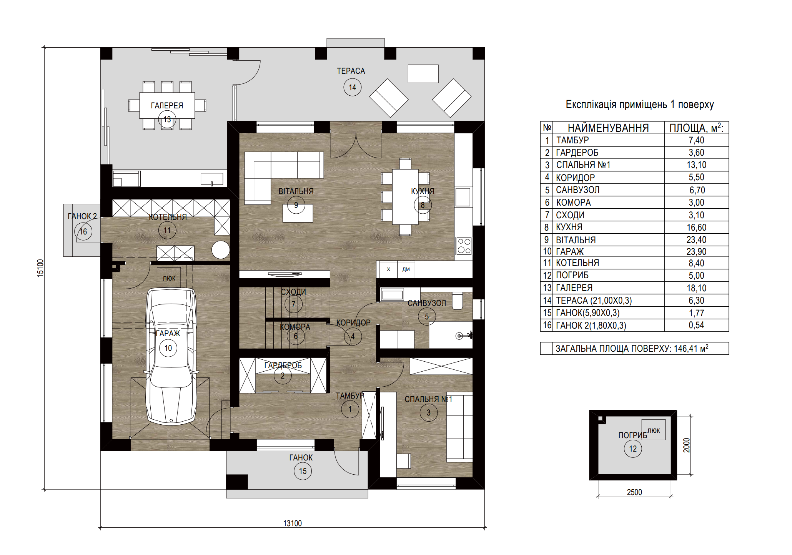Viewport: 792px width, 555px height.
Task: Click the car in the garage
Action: pos(171,356)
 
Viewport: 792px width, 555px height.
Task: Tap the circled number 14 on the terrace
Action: pos(352,87)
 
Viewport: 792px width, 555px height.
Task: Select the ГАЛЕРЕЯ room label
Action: pos(167,105)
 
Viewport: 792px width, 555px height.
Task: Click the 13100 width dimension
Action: pos(293,523)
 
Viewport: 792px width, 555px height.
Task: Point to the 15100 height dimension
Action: pos(40,268)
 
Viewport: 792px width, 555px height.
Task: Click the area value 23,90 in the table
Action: pos(696,252)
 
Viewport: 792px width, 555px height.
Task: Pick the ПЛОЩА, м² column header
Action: pos(696,128)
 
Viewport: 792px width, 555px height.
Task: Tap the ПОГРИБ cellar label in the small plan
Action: pos(632,435)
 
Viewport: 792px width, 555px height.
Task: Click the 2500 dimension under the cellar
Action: pos(634,492)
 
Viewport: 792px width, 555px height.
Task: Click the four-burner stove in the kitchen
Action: pos(464,246)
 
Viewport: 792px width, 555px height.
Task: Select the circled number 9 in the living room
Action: pos(296,205)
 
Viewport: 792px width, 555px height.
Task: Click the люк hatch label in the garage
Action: pos(169,278)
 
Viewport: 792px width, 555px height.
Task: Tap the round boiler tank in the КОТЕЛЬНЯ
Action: pos(221,249)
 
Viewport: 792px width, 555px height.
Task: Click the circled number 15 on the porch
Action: pos(303,471)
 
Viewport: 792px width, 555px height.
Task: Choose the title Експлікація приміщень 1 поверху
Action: pos(640,105)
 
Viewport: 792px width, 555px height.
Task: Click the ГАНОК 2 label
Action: pos(82,216)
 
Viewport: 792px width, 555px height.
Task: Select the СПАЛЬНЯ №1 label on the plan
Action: pos(428,399)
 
